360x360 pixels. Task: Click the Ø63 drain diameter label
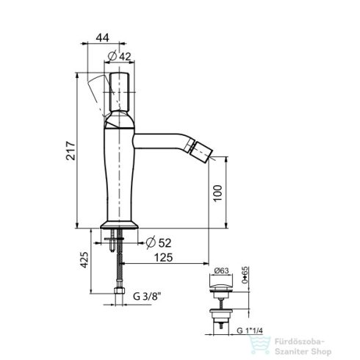220,272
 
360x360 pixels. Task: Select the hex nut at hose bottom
118,298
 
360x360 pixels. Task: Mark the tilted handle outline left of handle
95,93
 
